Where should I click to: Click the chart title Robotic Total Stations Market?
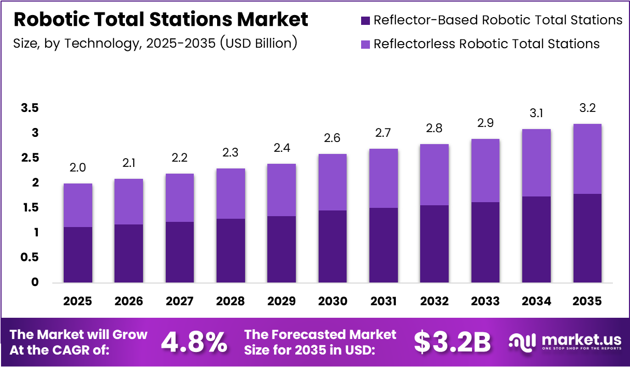pos(161,20)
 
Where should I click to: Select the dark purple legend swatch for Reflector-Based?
pos(365,21)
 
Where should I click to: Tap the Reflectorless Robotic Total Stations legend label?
pos(486,44)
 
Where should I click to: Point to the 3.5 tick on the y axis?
pos(30,108)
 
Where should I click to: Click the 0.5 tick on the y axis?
pos(30,257)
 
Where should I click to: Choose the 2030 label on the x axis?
pos(333,301)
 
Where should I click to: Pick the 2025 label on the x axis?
pos(78,301)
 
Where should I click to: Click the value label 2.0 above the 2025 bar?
pos(78,168)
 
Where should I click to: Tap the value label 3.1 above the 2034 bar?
pos(537,114)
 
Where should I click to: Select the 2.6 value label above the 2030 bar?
pos(333,138)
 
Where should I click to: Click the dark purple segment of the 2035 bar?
pos(588,238)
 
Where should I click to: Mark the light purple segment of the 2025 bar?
pos(78,205)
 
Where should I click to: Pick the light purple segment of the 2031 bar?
pos(384,178)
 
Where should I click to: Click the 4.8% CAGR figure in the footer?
pos(194,342)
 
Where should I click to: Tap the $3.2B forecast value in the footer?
pos(452,342)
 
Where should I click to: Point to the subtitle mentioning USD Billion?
pos(155,43)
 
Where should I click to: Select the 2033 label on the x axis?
pos(485,301)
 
